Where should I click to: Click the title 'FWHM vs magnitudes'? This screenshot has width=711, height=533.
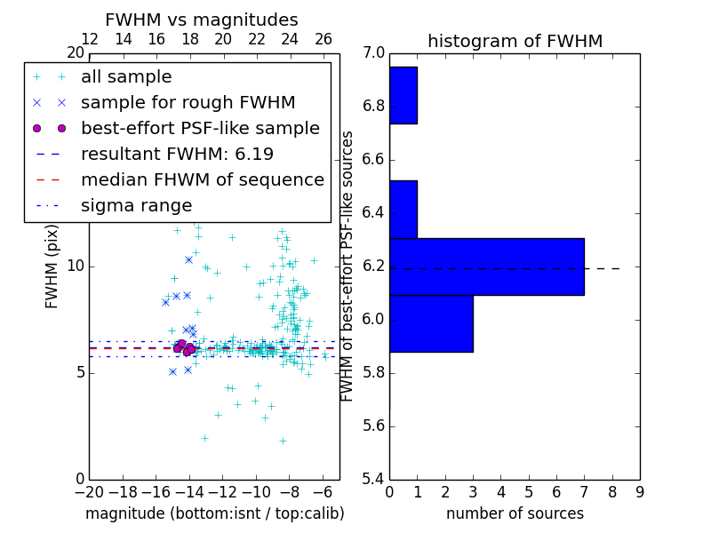(201, 20)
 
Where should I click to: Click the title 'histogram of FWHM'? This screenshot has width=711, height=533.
(515, 42)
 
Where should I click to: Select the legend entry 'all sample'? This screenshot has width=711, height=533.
(126, 77)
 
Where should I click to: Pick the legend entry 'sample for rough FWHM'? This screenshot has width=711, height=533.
(188, 103)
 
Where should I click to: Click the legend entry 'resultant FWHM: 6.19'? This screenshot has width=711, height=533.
(177, 154)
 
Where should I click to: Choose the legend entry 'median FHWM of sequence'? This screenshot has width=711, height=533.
(202, 179)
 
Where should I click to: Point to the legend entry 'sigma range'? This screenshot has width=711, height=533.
(136, 205)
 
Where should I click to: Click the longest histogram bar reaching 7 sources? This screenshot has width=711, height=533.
(486, 266)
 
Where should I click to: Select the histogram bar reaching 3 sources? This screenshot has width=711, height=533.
(431, 323)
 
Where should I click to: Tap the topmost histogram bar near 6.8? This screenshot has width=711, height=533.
(403, 95)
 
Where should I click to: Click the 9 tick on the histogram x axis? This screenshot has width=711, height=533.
(639, 491)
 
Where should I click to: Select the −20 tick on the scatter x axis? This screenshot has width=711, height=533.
(89, 491)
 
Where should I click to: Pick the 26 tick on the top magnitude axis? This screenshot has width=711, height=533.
(323, 39)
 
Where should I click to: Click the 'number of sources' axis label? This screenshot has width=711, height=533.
(515, 513)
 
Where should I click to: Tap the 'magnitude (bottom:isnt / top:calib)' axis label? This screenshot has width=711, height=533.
(214, 513)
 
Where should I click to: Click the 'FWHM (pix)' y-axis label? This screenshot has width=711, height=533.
(52, 266)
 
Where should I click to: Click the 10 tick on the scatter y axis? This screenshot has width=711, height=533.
(75, 266)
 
